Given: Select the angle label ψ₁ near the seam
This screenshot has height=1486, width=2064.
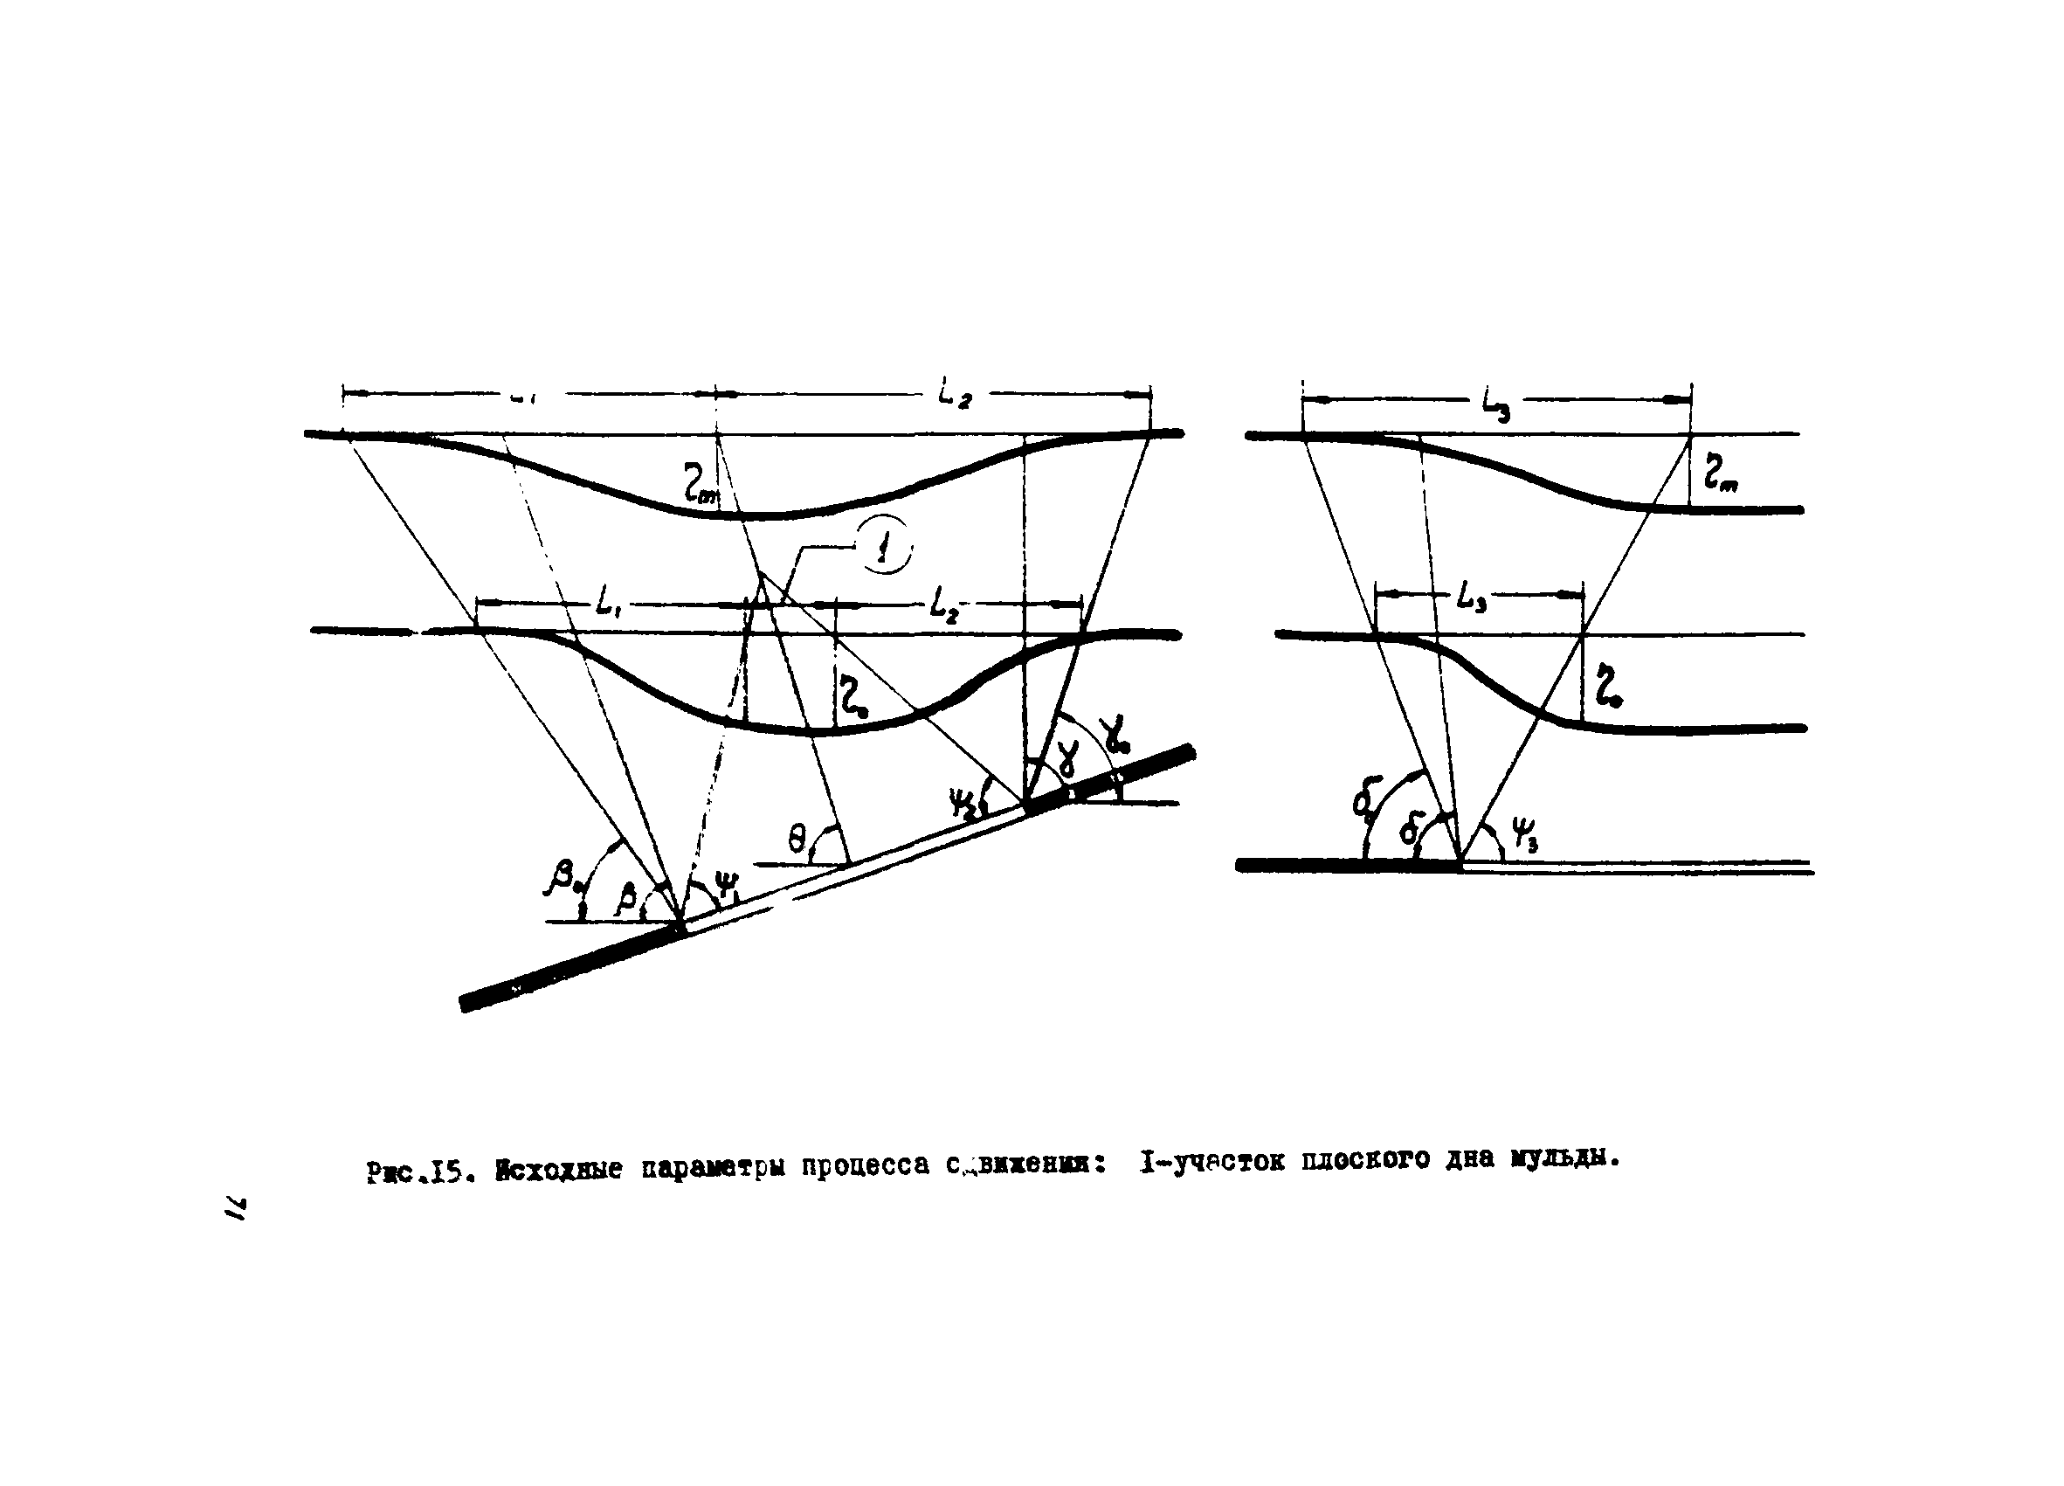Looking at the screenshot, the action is point(727,887).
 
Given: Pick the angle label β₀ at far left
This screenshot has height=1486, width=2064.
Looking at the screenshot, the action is point(563,879).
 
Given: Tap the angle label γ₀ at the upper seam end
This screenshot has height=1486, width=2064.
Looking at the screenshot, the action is point(1115,734).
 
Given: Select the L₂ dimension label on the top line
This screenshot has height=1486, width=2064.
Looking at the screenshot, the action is point(955,395).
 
